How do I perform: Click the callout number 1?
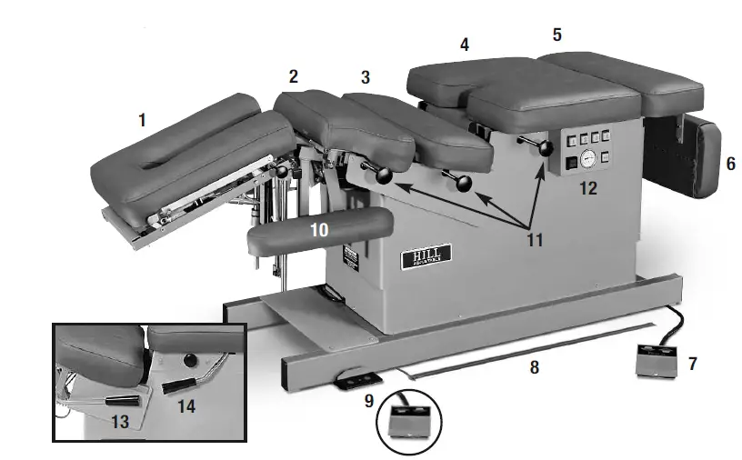[142, 120]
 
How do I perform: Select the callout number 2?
[293, 77]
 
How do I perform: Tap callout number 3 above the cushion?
[366, 77]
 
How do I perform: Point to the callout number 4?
[464, 44]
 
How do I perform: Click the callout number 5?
[556, 35]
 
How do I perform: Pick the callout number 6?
[730, 165]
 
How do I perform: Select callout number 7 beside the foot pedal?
[693, 364]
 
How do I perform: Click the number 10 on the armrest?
[318, 231]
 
